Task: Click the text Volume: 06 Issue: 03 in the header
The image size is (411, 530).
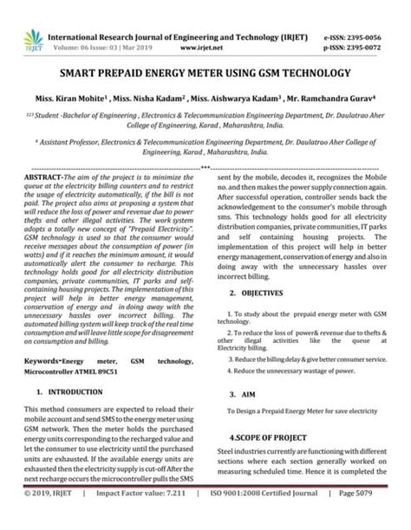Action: [94, 25]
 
